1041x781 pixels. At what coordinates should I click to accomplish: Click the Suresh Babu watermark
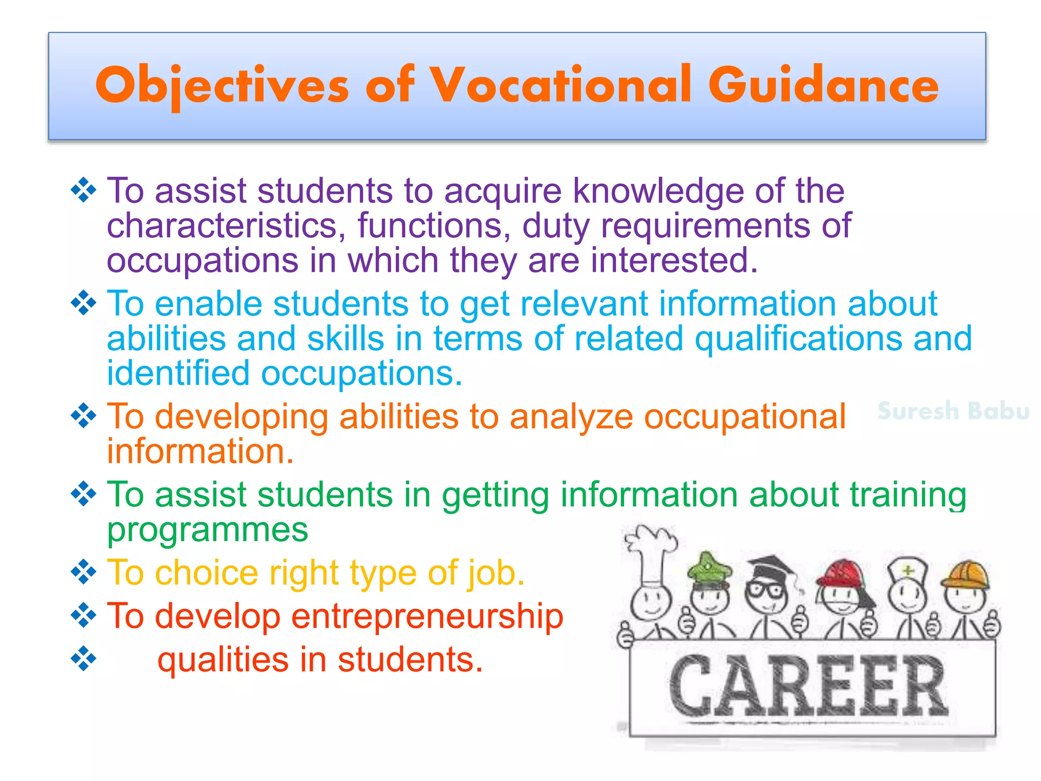coord(953,411)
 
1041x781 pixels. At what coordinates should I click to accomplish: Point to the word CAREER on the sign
coord(808,686)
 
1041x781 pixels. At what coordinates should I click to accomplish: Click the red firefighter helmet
coord(841,575)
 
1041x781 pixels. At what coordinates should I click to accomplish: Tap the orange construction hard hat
coord(966,575)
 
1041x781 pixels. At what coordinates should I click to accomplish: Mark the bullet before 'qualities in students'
coord(83,659)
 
